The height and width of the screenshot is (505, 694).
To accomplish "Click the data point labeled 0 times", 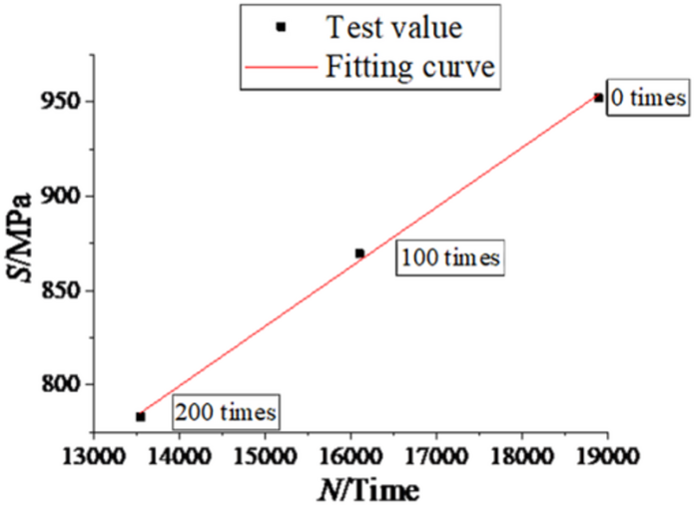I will coord(598,98).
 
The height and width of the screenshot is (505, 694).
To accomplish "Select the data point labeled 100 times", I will coord(359,253).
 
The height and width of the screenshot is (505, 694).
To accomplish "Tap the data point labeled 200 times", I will coord(140,416).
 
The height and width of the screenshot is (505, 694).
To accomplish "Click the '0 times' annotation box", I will coord(647,99).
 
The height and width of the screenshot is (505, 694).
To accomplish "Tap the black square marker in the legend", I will coord(282,28).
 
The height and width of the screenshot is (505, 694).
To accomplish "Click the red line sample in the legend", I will coord(283,68).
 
